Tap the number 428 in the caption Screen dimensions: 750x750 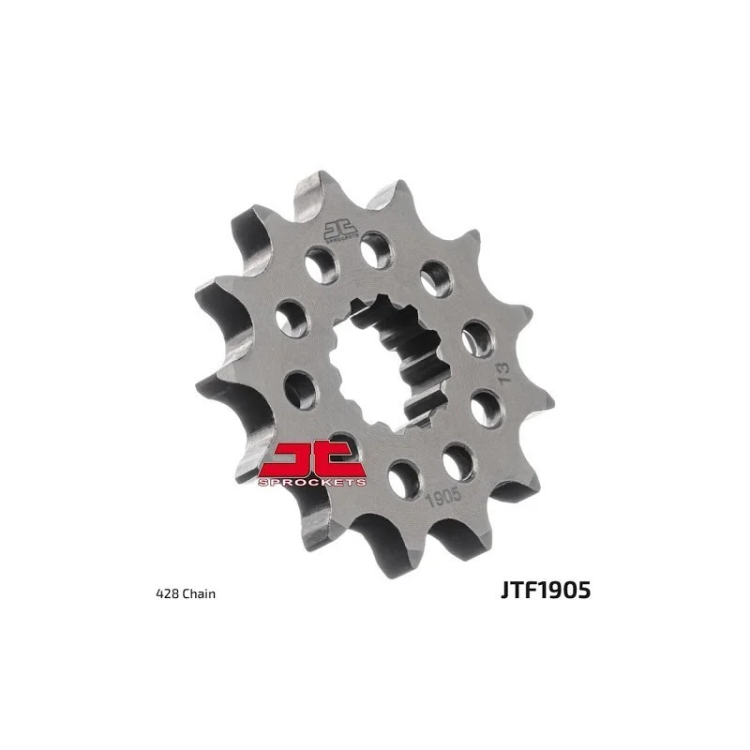tap(165, 593)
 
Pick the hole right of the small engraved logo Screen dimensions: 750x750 tap(377, 249)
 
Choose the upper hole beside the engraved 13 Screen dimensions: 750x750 tap(477, 337)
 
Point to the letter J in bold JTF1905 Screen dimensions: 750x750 tap(507, 592)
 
